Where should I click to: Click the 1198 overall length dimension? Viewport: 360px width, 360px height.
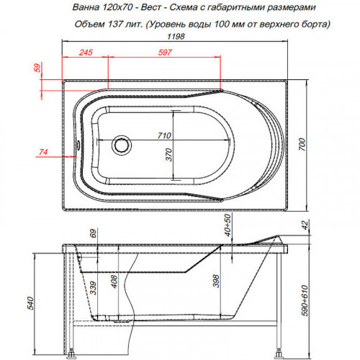[x=176, y=37]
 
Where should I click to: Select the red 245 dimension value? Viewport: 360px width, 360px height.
[x=86, y=53]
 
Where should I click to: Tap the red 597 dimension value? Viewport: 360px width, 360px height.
[x=165, y=53]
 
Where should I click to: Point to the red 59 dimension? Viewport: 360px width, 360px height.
[x=37, y=68]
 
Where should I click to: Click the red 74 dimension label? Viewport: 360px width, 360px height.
[x=43, y=152]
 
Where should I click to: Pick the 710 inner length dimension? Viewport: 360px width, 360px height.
[x=164, y=135]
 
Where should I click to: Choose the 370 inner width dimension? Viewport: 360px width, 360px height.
[x=169, y=155]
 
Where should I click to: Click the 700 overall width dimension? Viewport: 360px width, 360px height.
[x=302, y=145]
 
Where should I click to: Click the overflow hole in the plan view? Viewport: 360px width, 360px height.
[x=77, y=145]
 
